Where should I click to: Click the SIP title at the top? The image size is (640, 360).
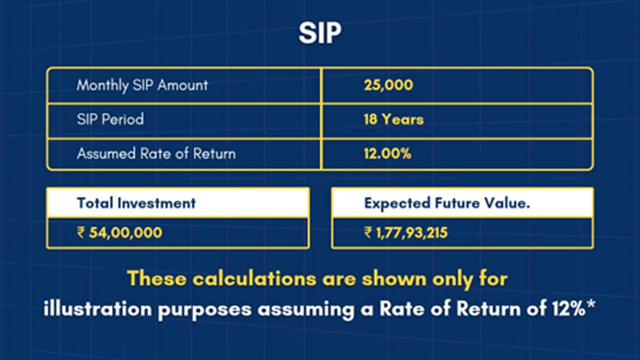coord(320,33)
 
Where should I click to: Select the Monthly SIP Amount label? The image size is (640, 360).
coord(142,85)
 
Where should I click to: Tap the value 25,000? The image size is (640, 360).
coord(388,85)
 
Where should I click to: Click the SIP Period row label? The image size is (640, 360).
coord(110,119)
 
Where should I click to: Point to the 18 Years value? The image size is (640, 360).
coord(393,119)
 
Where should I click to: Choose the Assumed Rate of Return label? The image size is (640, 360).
coord(156,153)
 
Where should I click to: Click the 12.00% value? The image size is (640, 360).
coord(387,153)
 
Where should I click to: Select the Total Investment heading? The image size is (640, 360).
coord(136,203)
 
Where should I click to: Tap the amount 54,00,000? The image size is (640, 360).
coord(125,232)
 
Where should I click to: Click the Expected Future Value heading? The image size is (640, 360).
coord(447,203)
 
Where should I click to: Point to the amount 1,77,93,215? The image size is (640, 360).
coord(411,233)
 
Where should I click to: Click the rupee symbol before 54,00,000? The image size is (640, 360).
coord(81,232)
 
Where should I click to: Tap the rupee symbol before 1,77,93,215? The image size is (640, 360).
coord(368,233)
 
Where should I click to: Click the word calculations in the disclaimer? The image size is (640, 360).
coord(254,278)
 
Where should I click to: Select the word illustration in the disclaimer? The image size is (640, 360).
coord(97,309)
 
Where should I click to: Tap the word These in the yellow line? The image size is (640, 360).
coord(156,278)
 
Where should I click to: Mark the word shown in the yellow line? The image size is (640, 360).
coord(394,278)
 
